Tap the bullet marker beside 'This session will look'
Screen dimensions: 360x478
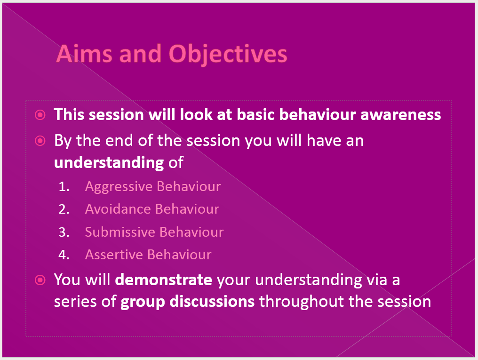[x=40, y=114]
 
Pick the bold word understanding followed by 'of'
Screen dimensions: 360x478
[x=109, y=163]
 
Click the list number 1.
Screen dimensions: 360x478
[x=64, y=186]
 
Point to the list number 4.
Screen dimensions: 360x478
[x=64, y=255]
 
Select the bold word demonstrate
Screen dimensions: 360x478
[x=164, y=280]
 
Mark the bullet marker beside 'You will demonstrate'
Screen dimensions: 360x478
[x=40, y=280]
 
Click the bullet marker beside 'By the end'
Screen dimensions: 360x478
[x=40, y=140]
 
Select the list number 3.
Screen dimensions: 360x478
[x=64, y=232]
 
